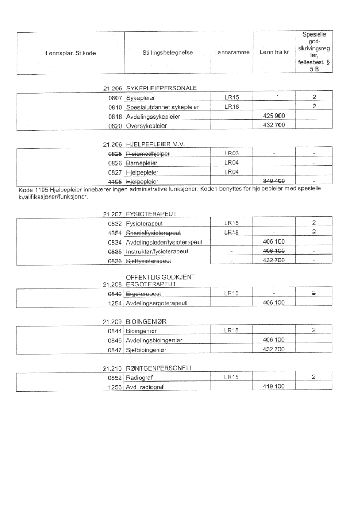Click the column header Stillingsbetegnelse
(167, 52)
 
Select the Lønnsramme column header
(231, 52)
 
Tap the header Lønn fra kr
(274, 52)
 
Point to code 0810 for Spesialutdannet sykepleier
(115, 107)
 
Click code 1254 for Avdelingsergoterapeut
(115, 302)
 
